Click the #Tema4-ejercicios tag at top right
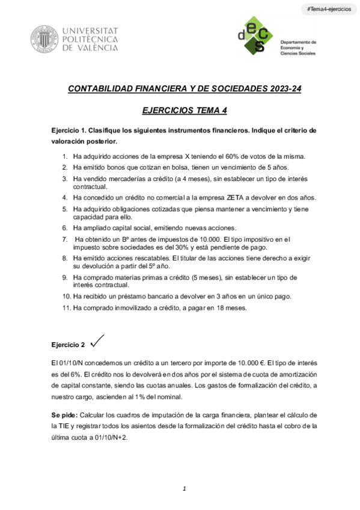[329, 10]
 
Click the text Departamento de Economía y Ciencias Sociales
[298, 48]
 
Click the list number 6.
[66, 228]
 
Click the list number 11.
[66, 308]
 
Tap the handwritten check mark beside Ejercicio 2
[97, 341]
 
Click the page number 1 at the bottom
[185, 488]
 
